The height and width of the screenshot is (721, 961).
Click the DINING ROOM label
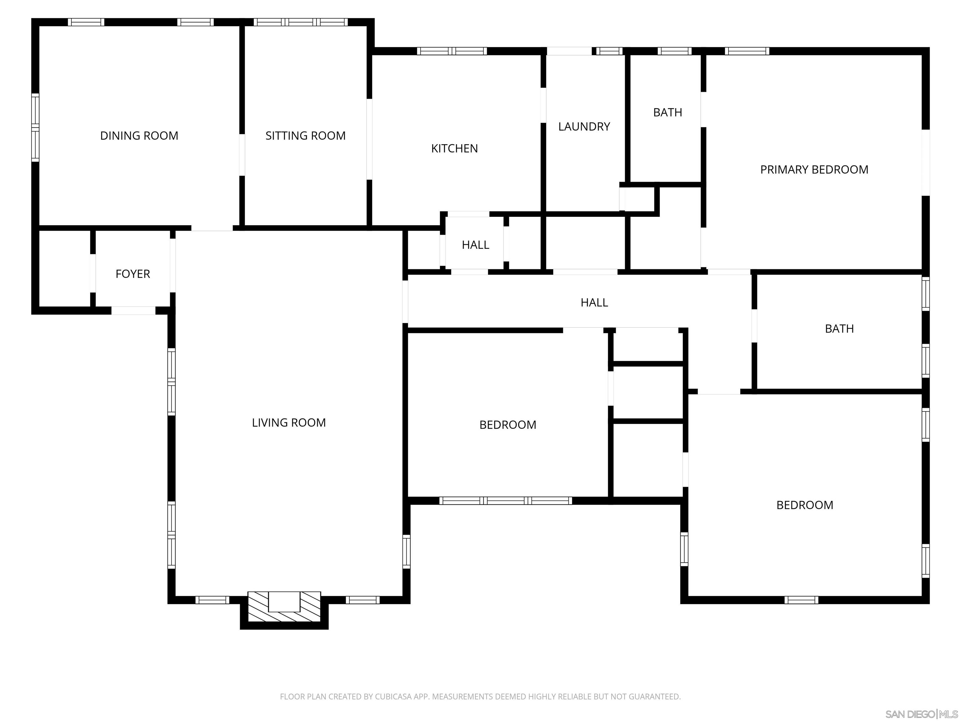click(139, 136)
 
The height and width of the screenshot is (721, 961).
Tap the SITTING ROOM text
click(305, 136)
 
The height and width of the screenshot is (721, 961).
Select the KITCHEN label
click(455, 149)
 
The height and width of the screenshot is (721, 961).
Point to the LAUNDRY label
click(584, 126)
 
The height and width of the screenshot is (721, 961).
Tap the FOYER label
click(133, 274)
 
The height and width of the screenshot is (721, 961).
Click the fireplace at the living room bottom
click(284, 607)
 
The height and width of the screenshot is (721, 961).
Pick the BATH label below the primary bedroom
click(839, 329)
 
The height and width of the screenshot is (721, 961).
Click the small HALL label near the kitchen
click(475, 245)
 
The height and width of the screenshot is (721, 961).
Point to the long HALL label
click(594, 303)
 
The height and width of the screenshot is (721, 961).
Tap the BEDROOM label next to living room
click(507, 425)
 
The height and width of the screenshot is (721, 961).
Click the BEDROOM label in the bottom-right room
click(805, 505)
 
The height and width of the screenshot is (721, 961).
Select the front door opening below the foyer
click(133, 310)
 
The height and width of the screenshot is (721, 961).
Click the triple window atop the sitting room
click(301, 22)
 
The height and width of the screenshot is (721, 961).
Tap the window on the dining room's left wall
click(35, 127)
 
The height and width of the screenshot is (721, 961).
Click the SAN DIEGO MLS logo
click(921, 714)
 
